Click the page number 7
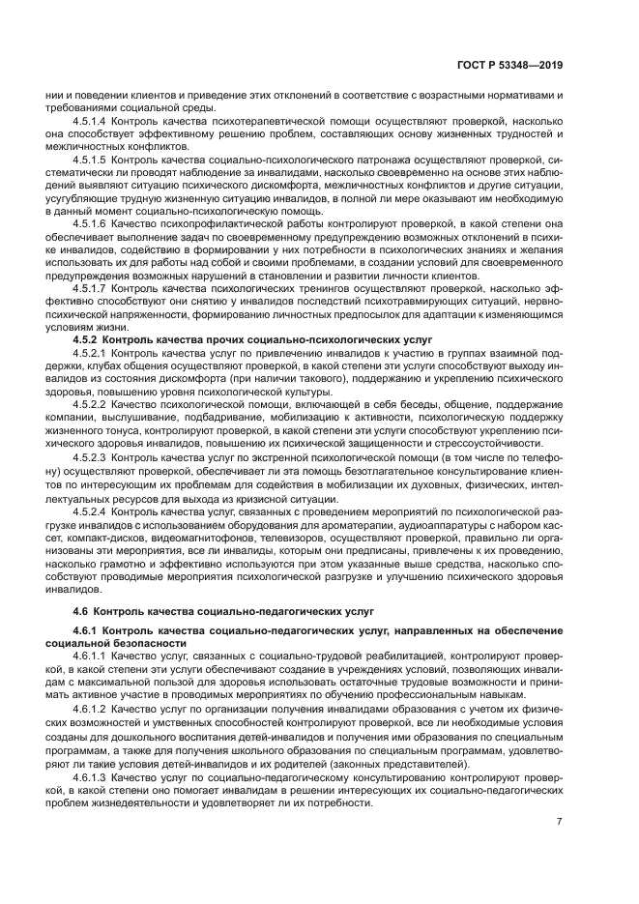coord(559,822)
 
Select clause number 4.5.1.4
coord(91,123)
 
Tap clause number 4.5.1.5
coord(91,158)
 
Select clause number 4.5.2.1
coord(91,355)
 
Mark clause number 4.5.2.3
coord(91,454)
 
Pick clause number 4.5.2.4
coord(91,509)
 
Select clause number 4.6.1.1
coord(91,656)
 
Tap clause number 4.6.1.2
coord(91,709)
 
